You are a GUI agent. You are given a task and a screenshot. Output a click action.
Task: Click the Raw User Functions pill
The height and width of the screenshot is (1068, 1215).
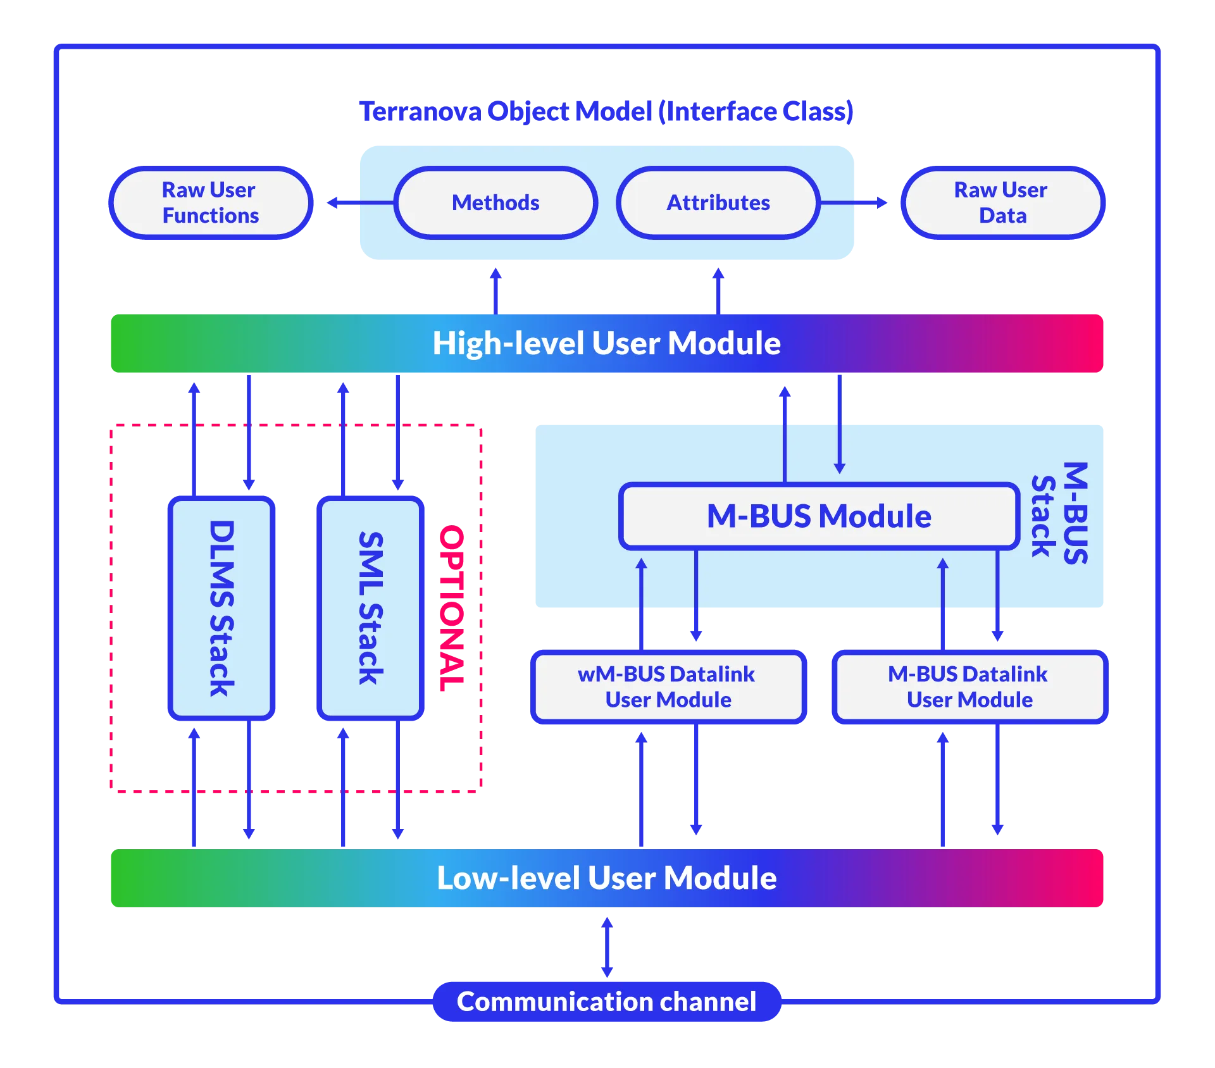pyautogui.click(x=210, y=202)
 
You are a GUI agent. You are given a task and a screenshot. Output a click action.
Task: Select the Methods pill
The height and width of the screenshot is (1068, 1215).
pyautogui.click(x=495, y=202)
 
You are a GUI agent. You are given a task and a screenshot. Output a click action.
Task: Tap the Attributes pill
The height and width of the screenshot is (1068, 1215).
pyautogui.click(x=718, y=202)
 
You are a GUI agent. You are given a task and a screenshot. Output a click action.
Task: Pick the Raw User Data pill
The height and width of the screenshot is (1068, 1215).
pyautogui.click(x=1002, y=202)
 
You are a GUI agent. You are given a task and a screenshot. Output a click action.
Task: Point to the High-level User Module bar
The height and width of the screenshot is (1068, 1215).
pyautogui.click(x=606, y=344)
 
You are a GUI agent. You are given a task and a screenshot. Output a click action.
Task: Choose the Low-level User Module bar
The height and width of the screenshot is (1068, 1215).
pyautogui.click(x=606, y=878)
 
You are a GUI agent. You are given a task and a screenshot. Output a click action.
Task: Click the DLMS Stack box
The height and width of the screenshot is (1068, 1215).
pyautogui.click(x=221, y=608)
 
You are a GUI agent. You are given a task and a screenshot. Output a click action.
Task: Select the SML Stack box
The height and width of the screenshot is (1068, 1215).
pyautogui.click(x=370, y=608)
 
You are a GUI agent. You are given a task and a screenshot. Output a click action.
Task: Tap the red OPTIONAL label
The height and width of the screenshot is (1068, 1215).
pyautogui.click(x=451, y=607)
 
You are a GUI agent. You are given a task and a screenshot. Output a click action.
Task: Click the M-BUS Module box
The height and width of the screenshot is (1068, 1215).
pyautogui.click(x=819, y=516)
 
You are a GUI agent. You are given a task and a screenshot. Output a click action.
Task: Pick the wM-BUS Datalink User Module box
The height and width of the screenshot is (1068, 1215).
pyautogui.click(x=667, y=687)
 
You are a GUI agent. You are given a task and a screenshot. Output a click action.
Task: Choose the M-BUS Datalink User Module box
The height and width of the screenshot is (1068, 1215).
pyautogui.click(x=969, y=687)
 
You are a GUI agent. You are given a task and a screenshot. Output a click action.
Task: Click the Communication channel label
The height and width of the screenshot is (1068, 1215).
pyautogui.click(x=606, y=1002)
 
